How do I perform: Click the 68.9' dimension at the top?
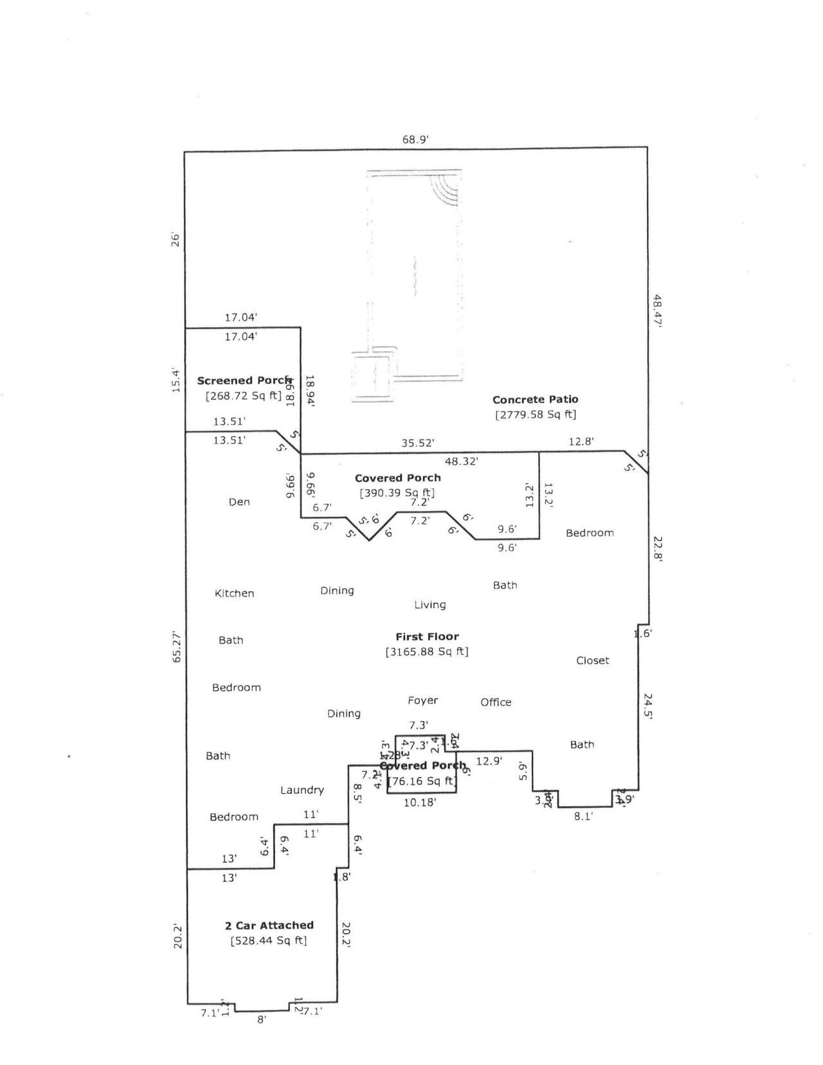(415, 139)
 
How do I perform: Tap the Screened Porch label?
(244, 380)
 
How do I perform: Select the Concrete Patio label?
(535, 399)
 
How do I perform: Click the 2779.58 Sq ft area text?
(535, 415)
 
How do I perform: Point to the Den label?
(239, 502)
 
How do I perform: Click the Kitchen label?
(234, 593)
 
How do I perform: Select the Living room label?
(430, 605)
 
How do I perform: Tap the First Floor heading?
(427, 636)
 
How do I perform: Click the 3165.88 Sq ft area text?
(427, 652)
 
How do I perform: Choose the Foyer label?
(422, 701)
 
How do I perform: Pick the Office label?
(496, 703)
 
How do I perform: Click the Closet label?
(592, 661)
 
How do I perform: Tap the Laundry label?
(302, 791)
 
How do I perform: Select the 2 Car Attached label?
(269, 926)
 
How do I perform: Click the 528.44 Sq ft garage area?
(269, 941)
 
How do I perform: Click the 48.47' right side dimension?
(658, 311)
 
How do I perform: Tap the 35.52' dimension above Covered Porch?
(418, 443)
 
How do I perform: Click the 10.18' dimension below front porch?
(421, 802)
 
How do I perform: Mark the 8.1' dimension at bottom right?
(583, 816)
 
